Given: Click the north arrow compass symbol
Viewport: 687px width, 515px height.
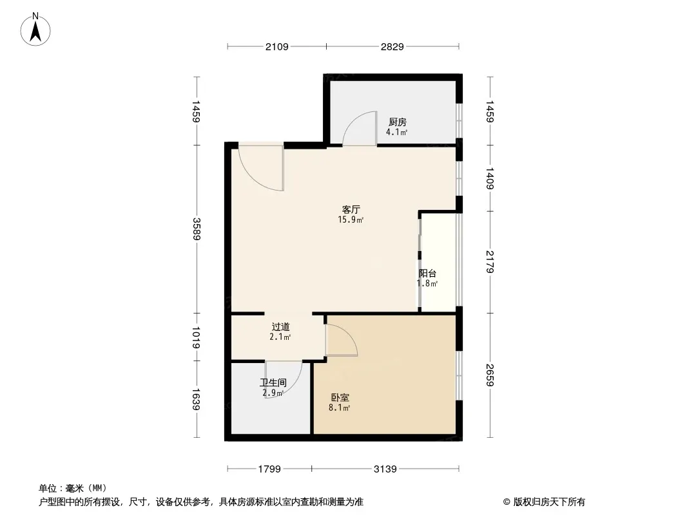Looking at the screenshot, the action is click(35, 30).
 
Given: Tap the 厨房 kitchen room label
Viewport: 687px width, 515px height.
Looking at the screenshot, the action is click(398, 122).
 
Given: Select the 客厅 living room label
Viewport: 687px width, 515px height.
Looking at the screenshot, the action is click(351, 210).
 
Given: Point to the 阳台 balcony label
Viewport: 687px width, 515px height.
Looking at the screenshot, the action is click(428, 274).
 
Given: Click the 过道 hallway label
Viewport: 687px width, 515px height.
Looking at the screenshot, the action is click(280, 327).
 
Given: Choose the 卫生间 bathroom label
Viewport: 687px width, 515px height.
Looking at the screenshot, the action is click(273, 383).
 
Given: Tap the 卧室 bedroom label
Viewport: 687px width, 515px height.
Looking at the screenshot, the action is click(340, 398).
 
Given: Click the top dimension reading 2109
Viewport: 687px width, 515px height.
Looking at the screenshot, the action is click(277, 46).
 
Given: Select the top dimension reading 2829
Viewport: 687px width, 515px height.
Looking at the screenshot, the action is click(392, 46).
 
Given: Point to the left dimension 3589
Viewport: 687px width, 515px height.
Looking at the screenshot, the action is click(197, 229).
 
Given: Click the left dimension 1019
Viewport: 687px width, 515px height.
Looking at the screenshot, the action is click(197, 337).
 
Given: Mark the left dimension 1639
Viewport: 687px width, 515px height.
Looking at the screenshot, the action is click(197, 399).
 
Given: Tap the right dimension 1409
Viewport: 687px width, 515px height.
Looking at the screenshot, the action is click(490, 178).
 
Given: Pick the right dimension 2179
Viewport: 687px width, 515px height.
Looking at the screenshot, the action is click(490, 261).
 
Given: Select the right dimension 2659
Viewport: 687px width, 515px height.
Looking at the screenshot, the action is click(490, 375).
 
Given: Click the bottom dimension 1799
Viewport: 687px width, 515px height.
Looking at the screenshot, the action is click(269, 469).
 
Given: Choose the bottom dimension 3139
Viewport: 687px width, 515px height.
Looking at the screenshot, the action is click(385, 469).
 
